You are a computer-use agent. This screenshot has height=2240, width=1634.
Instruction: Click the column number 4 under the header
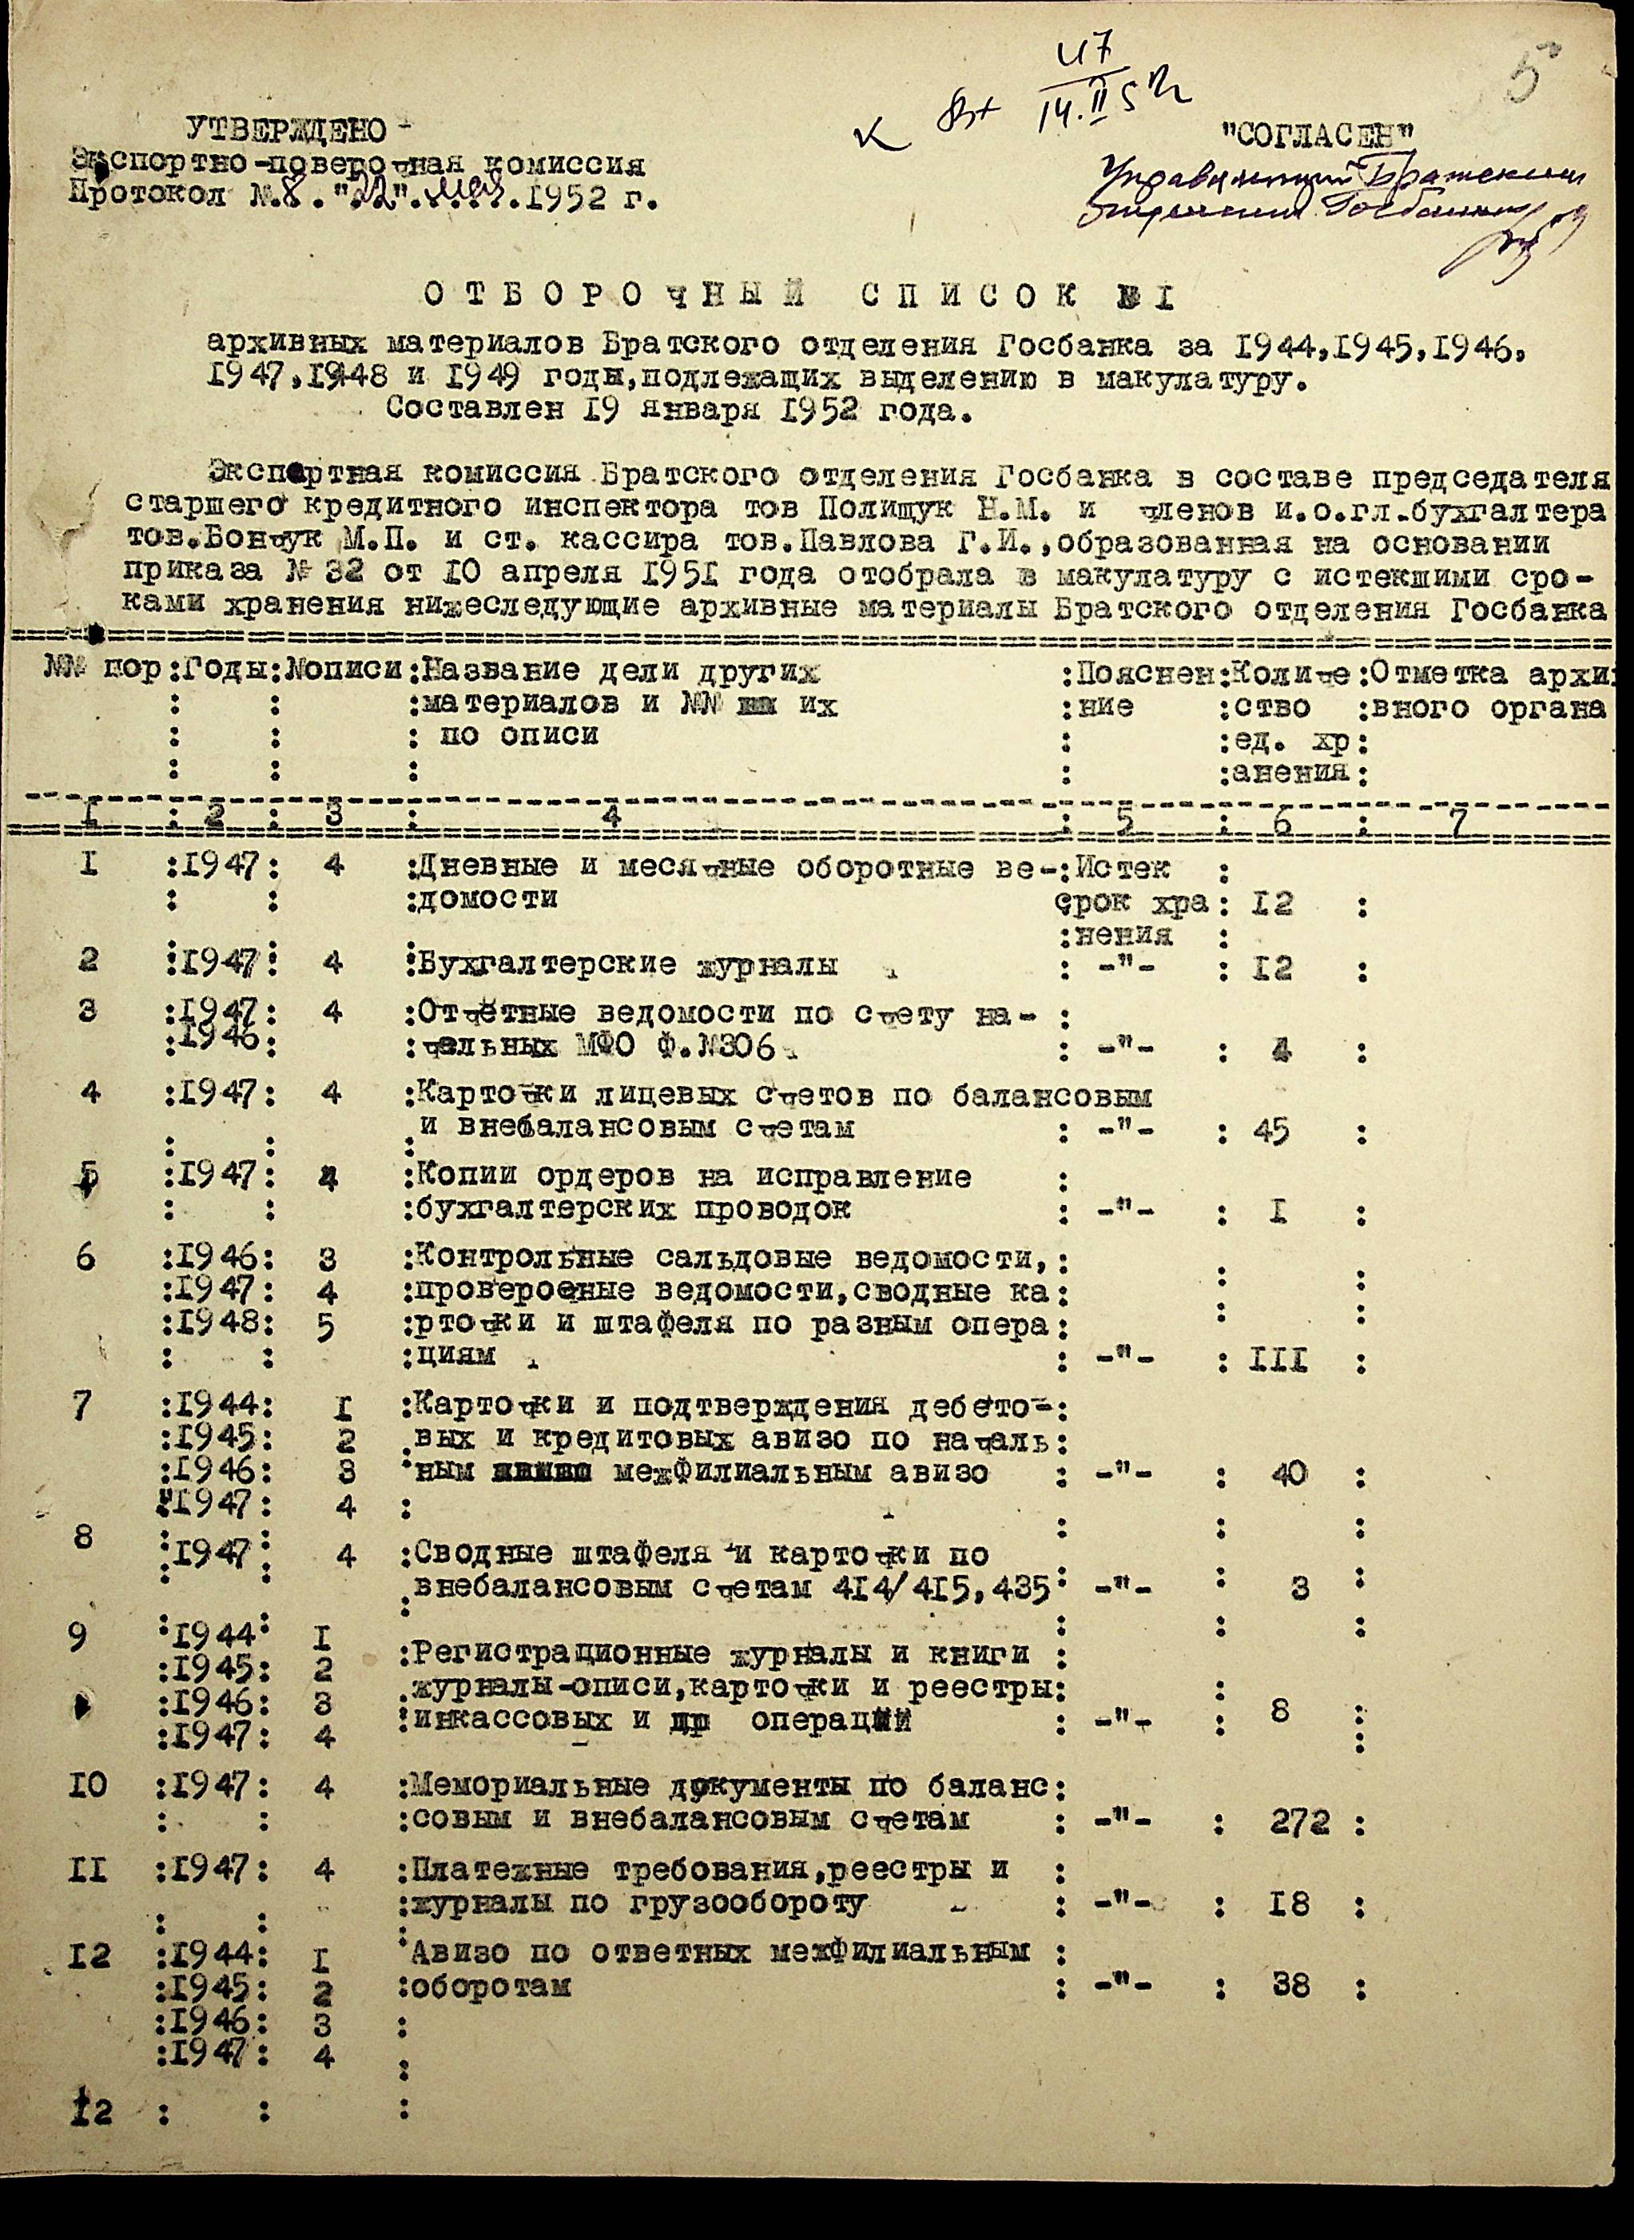point(613,815)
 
